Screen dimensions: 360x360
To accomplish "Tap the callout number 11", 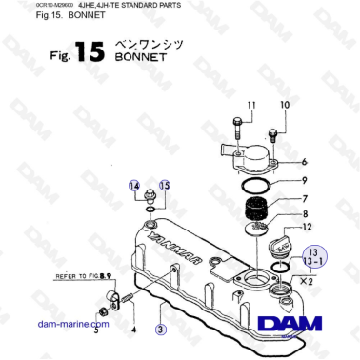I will [x=251, y=104].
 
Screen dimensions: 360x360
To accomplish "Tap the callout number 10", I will [x=284, y=104].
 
